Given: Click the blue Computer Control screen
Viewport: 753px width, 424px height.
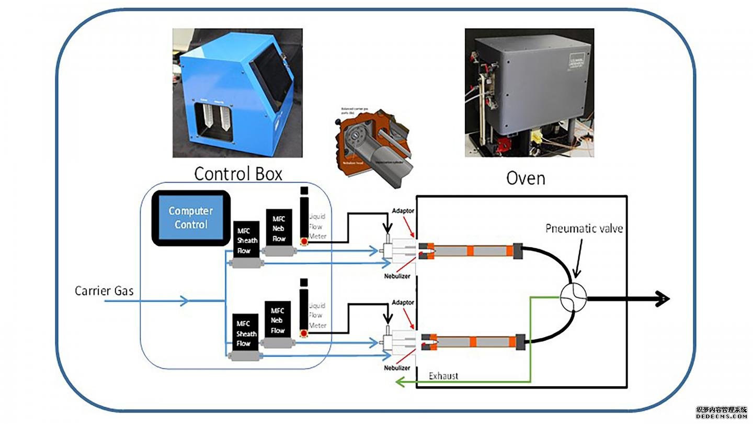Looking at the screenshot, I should point(191,218).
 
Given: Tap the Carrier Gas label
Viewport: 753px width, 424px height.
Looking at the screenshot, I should point(104,291).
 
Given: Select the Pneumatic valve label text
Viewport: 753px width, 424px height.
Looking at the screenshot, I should point(584,228).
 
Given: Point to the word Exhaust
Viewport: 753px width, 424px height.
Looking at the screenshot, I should point(444,375).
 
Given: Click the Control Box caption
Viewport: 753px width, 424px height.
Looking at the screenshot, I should point(238,173).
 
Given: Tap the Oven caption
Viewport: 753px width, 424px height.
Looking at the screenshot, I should point(526,178).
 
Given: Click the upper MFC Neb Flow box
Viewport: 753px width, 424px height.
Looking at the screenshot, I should point(278,228).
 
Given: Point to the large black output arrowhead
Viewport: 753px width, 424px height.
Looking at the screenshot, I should point(661,299).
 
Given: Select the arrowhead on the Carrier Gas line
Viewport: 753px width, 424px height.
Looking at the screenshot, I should point(185,301).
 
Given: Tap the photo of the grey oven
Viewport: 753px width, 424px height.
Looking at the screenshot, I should point(529,93).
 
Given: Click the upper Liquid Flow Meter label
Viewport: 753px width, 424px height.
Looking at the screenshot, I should point(317,227).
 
